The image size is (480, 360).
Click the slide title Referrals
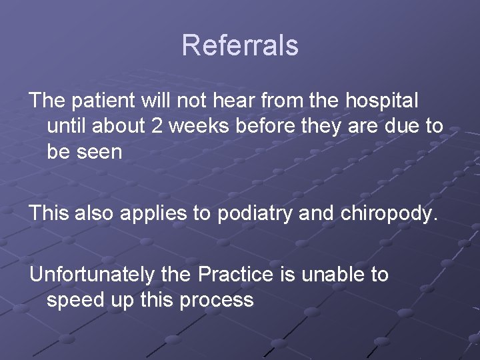pyautogui.click(x=240, y=45)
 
